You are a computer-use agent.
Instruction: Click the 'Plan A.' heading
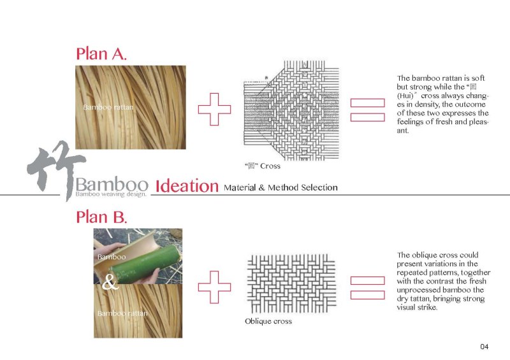[101, 53]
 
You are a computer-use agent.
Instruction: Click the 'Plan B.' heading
[101, 217]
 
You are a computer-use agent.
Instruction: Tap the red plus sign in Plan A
[214, 110]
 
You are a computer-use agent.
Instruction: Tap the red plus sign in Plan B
[214, 285]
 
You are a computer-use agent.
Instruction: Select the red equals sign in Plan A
[368, 110]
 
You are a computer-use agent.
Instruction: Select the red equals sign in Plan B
[368, 285]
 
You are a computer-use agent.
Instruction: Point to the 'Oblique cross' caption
[268, 321]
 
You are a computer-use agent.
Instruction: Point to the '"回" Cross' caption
[262, 166]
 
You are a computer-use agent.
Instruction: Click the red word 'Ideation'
[187, 186]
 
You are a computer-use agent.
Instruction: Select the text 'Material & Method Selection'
[280, 187]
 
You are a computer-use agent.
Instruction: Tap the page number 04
[484, 347]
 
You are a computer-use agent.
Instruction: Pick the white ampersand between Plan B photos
[110, 284]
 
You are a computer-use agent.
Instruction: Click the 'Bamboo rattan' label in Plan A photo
[108, 107]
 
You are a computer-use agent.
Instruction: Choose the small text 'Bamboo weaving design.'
[110, 194]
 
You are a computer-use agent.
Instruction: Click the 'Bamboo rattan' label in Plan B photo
[122, 313]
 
